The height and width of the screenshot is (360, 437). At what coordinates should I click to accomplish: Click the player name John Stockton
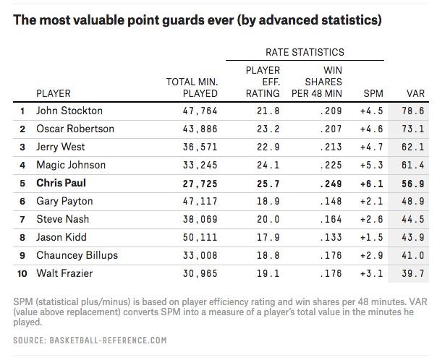pyautogui.click(x=69, y=111)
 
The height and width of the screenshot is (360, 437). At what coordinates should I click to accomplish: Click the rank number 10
pyautogui.click(x=22, y=274)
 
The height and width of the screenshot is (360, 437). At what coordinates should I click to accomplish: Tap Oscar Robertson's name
pyautogui.click(x=75, y=129)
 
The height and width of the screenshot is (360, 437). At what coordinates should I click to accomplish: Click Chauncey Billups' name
pyautogui.click(x=77, y=256)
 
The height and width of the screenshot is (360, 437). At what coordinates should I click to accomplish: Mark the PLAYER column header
pyautogui.click(x=54, y=93)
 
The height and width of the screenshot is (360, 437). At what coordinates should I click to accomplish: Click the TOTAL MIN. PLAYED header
pyautogui.click(x=194, y=87)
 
